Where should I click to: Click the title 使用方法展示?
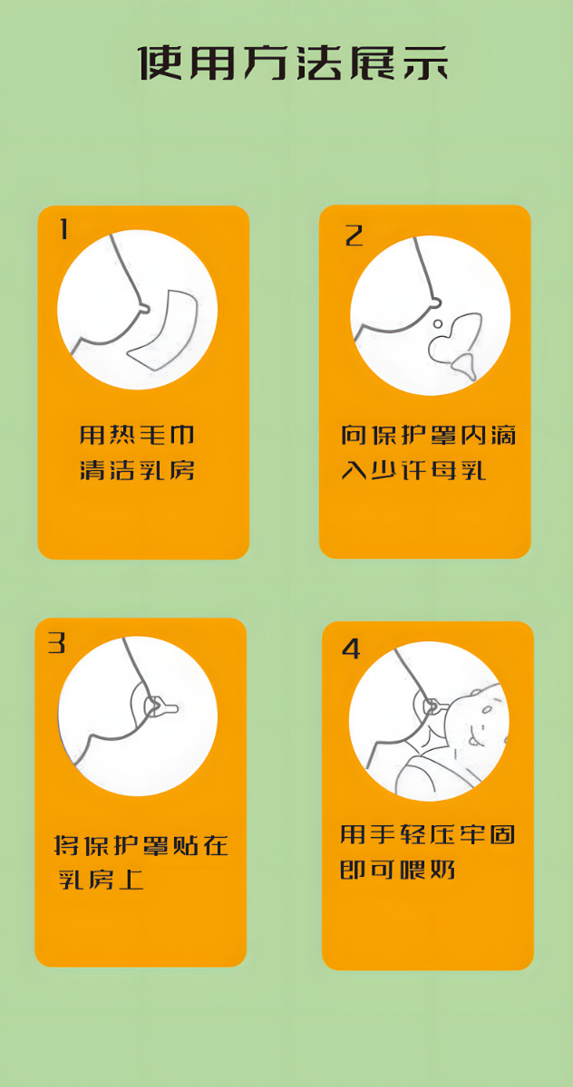coord(293,63)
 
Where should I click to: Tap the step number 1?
coord(63,230)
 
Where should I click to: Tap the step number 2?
coord(354,235)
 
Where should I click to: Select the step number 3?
coord(57,643)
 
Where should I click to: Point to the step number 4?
coord(350,649)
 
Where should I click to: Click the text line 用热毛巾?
coord(137,436)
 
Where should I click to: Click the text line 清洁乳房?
coord(137,471)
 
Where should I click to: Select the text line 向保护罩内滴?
coord(428,436)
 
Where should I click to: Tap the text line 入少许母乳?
coord(413,471)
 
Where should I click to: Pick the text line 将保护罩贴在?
coord(141,846)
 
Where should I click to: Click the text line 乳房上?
coord(101,880)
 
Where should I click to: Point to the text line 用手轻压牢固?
coord(427,834)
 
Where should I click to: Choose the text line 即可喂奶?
coord(397,870)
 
